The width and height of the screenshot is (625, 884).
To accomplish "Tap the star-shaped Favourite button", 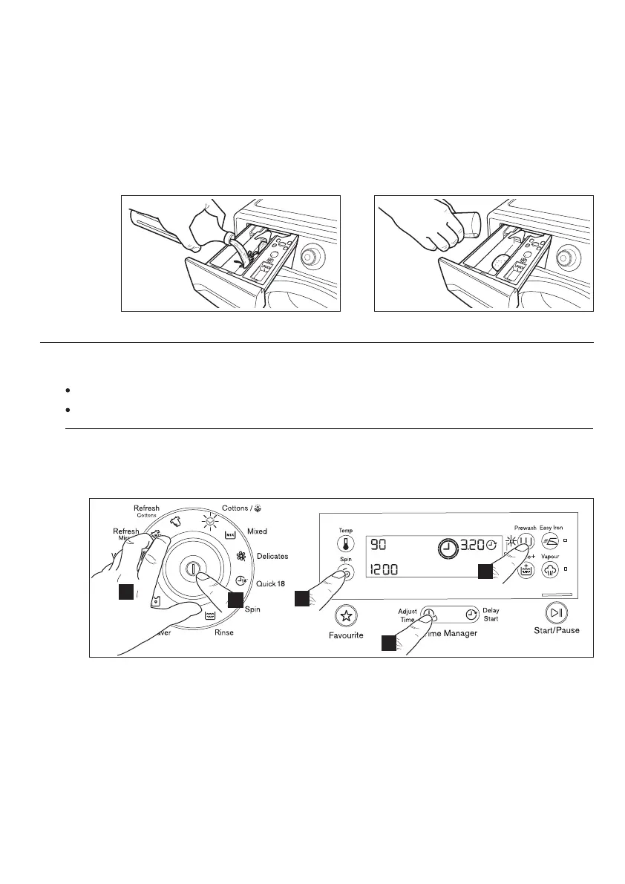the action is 345,615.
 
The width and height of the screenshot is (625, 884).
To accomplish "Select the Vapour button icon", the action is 550,569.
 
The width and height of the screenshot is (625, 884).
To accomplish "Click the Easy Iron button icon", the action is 550,541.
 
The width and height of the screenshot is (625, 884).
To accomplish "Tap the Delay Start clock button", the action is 471,615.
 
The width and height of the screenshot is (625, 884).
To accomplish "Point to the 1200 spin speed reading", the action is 386,570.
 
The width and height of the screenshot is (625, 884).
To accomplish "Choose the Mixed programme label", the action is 257,531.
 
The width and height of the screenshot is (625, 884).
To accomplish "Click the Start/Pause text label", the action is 557,631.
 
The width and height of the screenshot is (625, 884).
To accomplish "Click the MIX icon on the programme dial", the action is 229,534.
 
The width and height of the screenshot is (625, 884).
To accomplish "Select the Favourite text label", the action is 346,636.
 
